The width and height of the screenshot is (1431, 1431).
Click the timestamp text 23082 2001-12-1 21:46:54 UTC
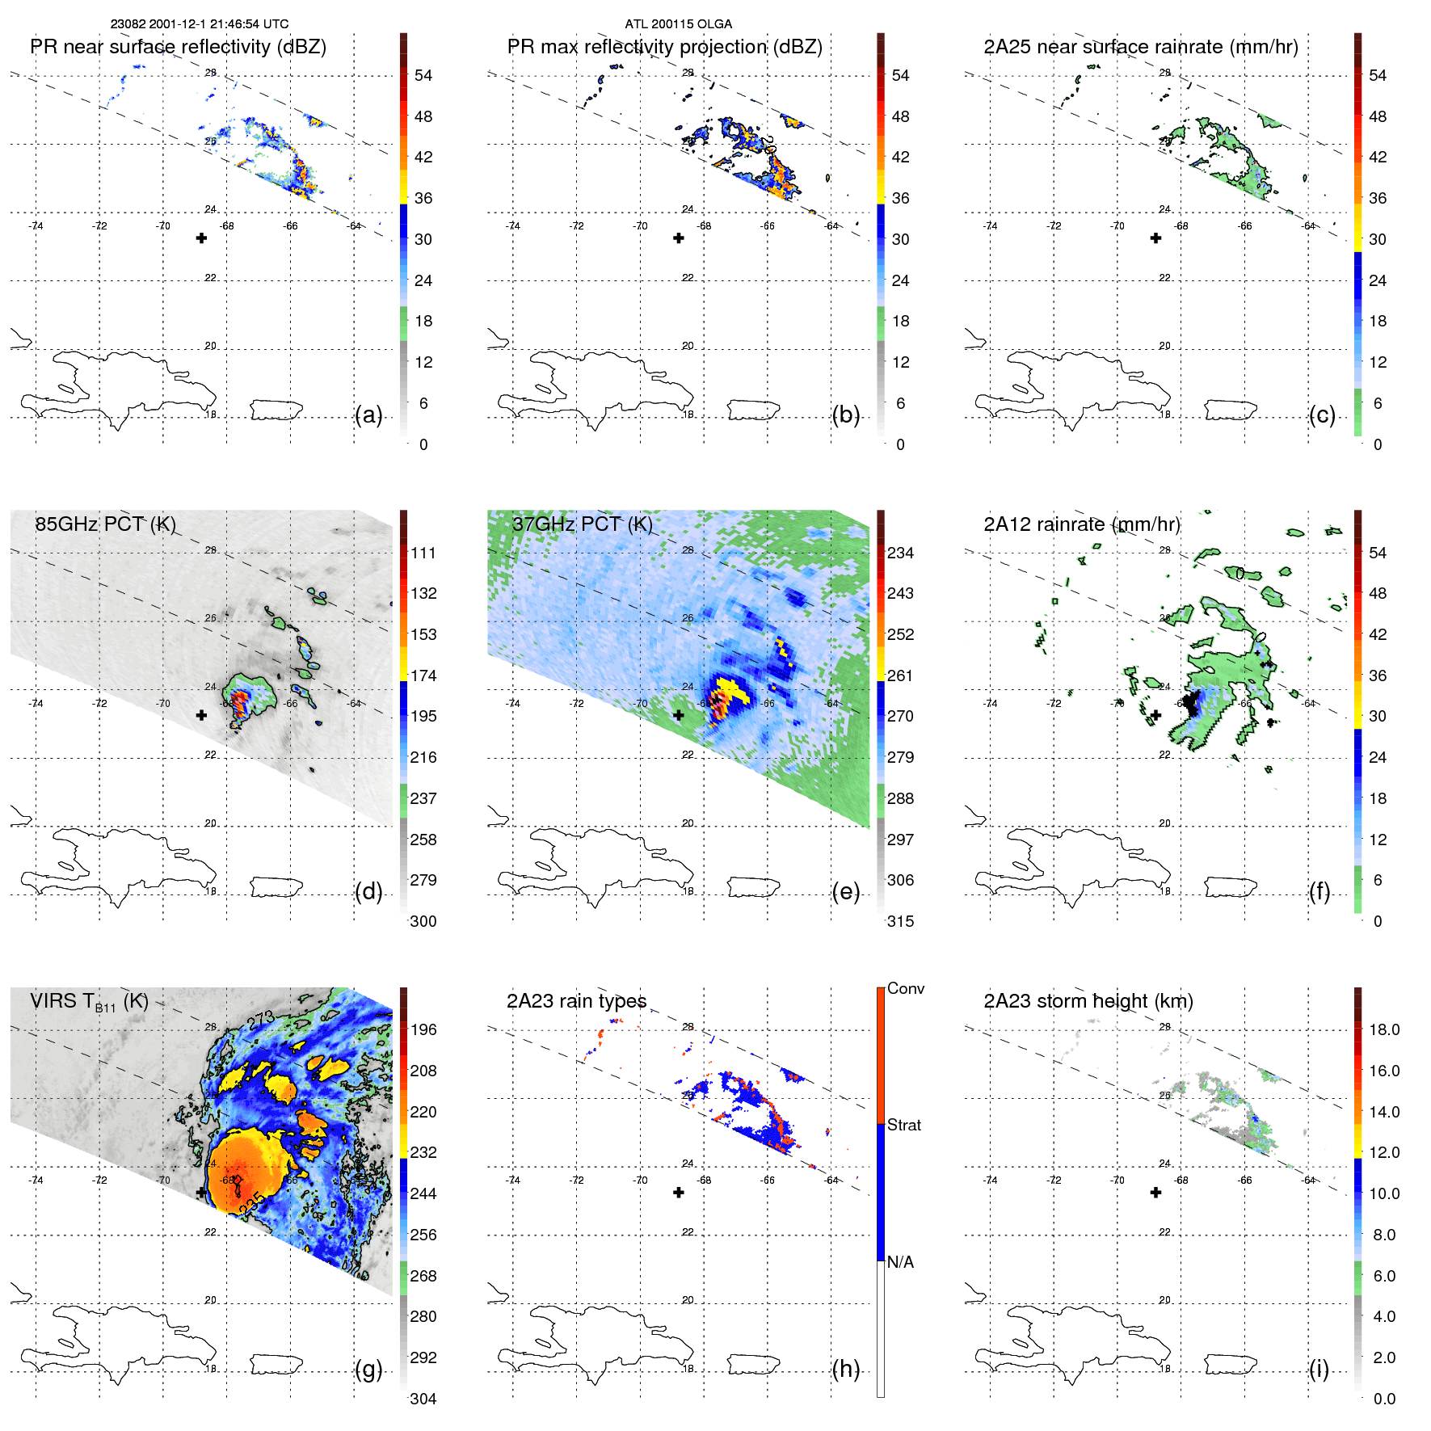[x=199, y=24]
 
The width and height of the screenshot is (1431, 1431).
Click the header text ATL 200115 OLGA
[x=678, y=24]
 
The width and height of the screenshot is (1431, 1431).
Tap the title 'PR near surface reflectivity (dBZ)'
[x=178, y=47]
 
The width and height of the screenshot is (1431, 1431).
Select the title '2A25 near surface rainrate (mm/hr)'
[x=1140, y=47]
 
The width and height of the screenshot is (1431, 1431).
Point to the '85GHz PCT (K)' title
[x=105, y=524]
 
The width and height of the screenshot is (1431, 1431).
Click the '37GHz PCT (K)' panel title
[x=582, y=524]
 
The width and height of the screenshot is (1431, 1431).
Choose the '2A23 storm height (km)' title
[x=1088, y=1001]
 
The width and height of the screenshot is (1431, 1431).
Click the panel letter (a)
[x=368, y=415]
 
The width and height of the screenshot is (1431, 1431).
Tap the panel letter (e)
[x=845, y=892]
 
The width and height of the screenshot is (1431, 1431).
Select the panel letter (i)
[x=1319, y=1369]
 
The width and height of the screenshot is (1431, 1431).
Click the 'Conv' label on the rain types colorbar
[x=905, y=988]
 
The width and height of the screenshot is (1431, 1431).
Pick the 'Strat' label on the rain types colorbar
[x=903, y=1125]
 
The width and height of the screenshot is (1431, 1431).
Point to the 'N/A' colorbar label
[x=900, y=1262]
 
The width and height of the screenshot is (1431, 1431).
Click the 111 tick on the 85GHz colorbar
[x=423, y=553]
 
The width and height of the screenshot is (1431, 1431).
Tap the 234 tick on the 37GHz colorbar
[x=900, y=553]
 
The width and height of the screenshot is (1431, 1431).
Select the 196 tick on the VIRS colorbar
[x=423, y=1029]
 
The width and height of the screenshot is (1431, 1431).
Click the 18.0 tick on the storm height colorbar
[x=1383, y=1029]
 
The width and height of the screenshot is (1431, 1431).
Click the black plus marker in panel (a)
[x=201, y=238]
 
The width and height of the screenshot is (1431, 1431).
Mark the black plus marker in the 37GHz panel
[x=679, y=715]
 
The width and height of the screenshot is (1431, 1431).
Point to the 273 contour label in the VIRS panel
[x=262, y=1021]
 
